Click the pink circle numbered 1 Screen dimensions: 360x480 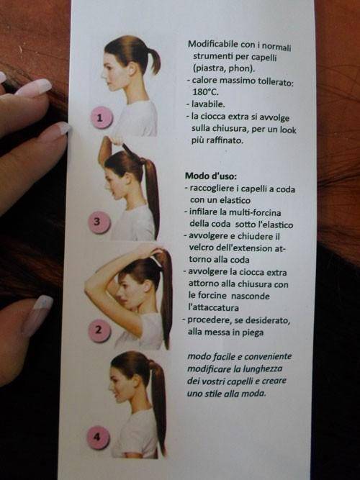tap(102, 117)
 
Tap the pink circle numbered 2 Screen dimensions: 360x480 tap(99, 330)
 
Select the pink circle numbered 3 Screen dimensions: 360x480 tap(99, 222)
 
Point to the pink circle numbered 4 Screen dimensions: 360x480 tap(98, 438)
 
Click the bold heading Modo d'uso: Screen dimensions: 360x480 tap(211, 176)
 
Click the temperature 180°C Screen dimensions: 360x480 tap(206, 92)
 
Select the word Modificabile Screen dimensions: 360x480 tap(213, 44)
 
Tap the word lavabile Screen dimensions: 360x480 tap(208, 104)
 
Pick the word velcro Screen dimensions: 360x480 tap(202, 248)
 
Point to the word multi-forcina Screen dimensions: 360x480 tap(255, 212)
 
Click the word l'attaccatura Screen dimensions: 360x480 tap(214, 307)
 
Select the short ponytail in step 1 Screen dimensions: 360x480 tap(154, 60)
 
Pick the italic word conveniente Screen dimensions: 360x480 tap(268, 357)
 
